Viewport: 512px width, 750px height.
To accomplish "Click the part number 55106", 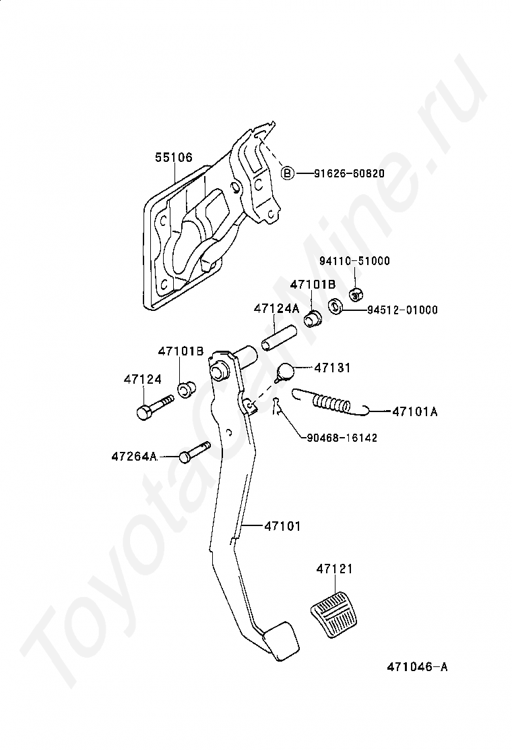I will tap(174, 157).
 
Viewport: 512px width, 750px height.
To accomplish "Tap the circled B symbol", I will tap(287, 173).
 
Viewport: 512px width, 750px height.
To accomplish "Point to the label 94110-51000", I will tap(354, 261).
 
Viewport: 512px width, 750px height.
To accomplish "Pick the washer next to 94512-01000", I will tap(335, 308).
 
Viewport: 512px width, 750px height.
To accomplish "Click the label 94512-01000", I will tap(402, 310).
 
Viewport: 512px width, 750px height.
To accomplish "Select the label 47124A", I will tap(276, 308).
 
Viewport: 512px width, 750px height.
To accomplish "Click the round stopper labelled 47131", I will tap(286, 372).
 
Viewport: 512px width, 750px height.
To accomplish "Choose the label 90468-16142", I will tap(342, 438).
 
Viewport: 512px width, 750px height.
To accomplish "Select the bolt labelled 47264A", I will tap(195, 452).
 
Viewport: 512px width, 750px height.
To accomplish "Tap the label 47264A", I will tap(134, 457).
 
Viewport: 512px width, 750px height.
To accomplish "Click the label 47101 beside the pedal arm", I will tap(282, 525).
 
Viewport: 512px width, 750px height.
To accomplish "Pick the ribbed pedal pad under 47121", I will tap(335, 613).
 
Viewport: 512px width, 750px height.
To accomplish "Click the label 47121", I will tap(334, 569).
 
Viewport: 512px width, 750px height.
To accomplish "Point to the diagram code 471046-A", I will tap(416, 667).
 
